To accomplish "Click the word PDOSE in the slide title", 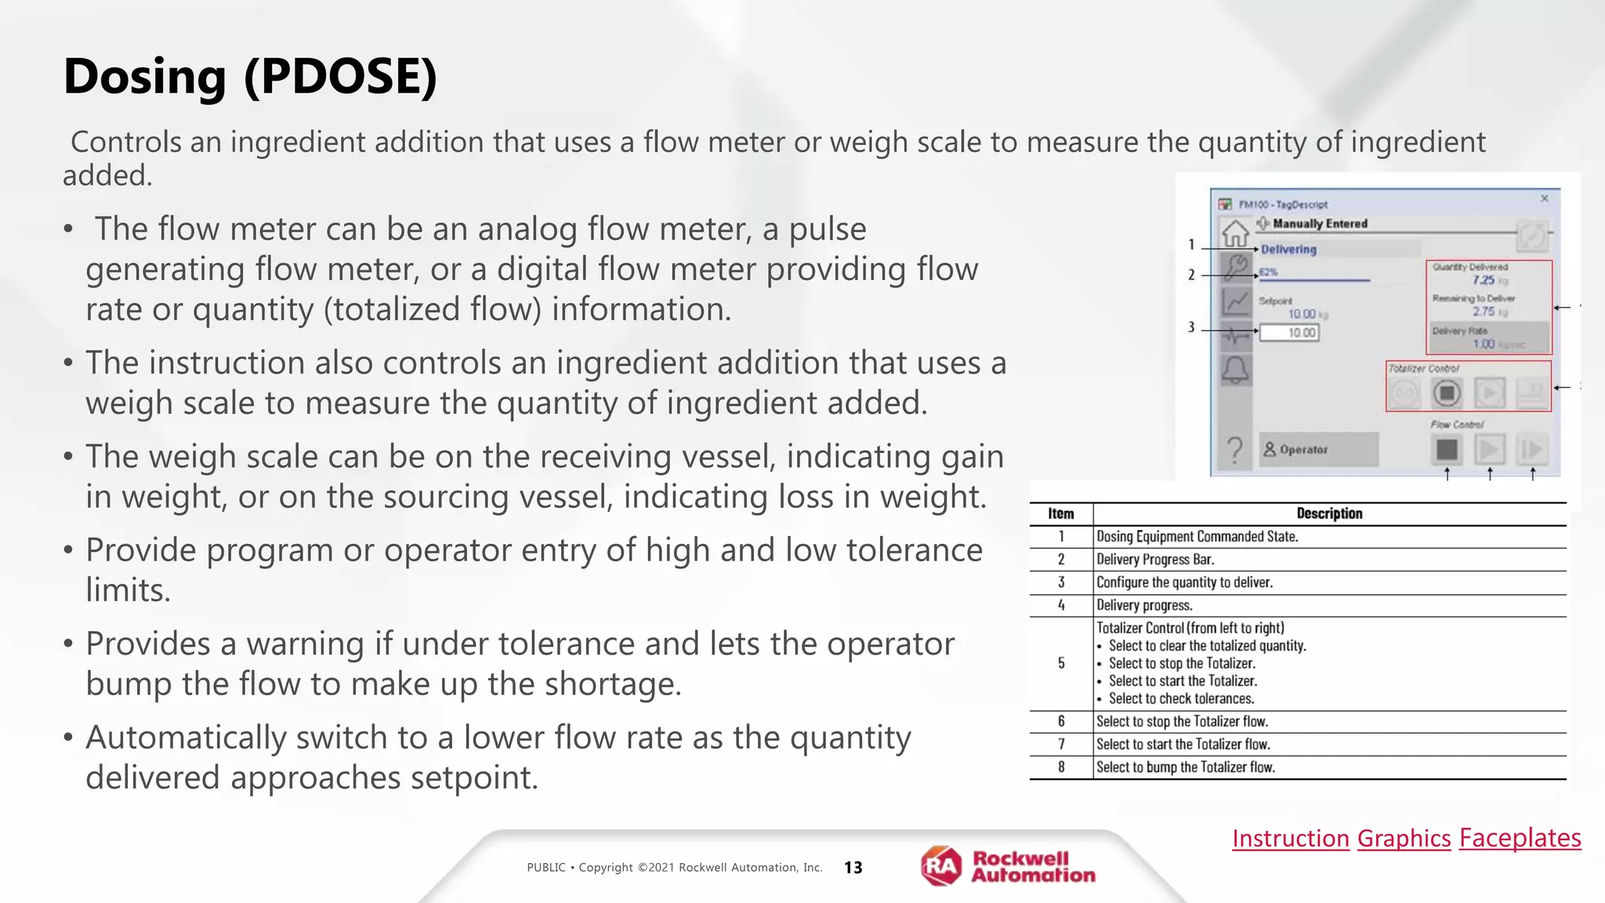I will tap(340, 77).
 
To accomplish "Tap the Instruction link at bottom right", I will tap(1290, 838).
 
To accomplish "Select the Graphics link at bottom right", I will tap(1404, 838).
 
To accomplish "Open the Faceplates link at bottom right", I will tap(1520, 838).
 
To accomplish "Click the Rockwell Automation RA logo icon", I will tap(941, 866).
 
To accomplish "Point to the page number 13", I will tap(853, 867).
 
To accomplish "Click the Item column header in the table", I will tap(1060, 513).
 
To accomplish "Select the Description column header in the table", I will tap(1329, 513).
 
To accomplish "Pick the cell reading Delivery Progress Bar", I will tap(1155, 560).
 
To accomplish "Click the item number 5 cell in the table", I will tap(1061, 663).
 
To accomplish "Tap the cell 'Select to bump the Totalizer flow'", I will tap(1185, 767).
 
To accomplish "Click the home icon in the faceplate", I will tap(1235, 233).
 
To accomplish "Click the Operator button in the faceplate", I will tap(1318, 450).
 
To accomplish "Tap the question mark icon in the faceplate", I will tap(1235, 450).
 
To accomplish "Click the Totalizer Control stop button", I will tap(1447, 393).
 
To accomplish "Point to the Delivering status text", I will tap(1288, 249).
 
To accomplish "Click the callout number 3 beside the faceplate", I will tap(1191, 327).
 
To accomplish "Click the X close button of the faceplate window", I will tap(1545, 198).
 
